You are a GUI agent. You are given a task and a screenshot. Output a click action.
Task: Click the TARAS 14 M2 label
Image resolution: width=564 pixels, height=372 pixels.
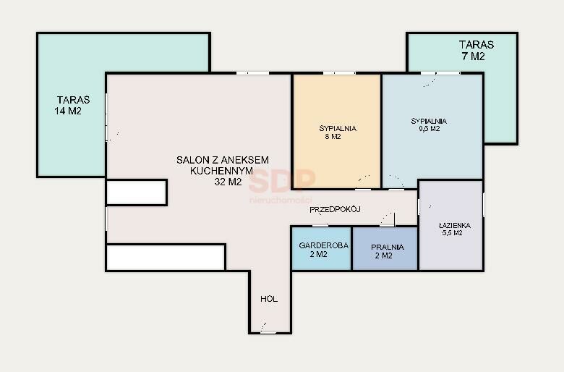(72, 105)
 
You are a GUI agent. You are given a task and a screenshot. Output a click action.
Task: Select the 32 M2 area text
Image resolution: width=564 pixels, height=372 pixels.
(228, 182)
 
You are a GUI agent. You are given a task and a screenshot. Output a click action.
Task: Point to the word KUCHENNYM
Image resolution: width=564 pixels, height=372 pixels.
(221, 171)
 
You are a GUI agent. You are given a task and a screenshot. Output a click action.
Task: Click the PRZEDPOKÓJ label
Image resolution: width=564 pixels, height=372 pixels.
(335, 209)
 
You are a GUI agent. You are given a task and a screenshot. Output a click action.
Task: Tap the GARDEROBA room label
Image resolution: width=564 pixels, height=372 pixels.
(323, 245)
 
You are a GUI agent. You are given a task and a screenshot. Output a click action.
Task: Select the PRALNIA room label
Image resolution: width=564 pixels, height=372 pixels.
(388, 247)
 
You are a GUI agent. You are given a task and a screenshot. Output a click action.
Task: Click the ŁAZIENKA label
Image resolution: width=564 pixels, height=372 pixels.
(455, 225)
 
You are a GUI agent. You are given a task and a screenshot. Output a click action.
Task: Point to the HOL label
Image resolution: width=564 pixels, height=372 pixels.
(269, 299)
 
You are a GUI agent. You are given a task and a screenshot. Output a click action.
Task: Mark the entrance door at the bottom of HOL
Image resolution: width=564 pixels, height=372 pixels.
(268, 332)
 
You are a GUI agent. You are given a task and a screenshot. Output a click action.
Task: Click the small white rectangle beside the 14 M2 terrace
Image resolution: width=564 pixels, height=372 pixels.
(137, 193)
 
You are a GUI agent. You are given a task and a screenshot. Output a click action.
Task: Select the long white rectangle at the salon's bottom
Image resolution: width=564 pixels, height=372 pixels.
(166, 257)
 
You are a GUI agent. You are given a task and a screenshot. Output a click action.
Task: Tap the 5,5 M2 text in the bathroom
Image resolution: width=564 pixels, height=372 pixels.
(452, 233)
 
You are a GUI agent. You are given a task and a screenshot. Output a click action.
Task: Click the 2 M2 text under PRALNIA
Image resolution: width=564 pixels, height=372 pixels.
(383, 255)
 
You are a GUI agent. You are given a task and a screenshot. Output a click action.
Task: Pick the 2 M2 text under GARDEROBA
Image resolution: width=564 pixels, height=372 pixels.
(318, 254)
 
